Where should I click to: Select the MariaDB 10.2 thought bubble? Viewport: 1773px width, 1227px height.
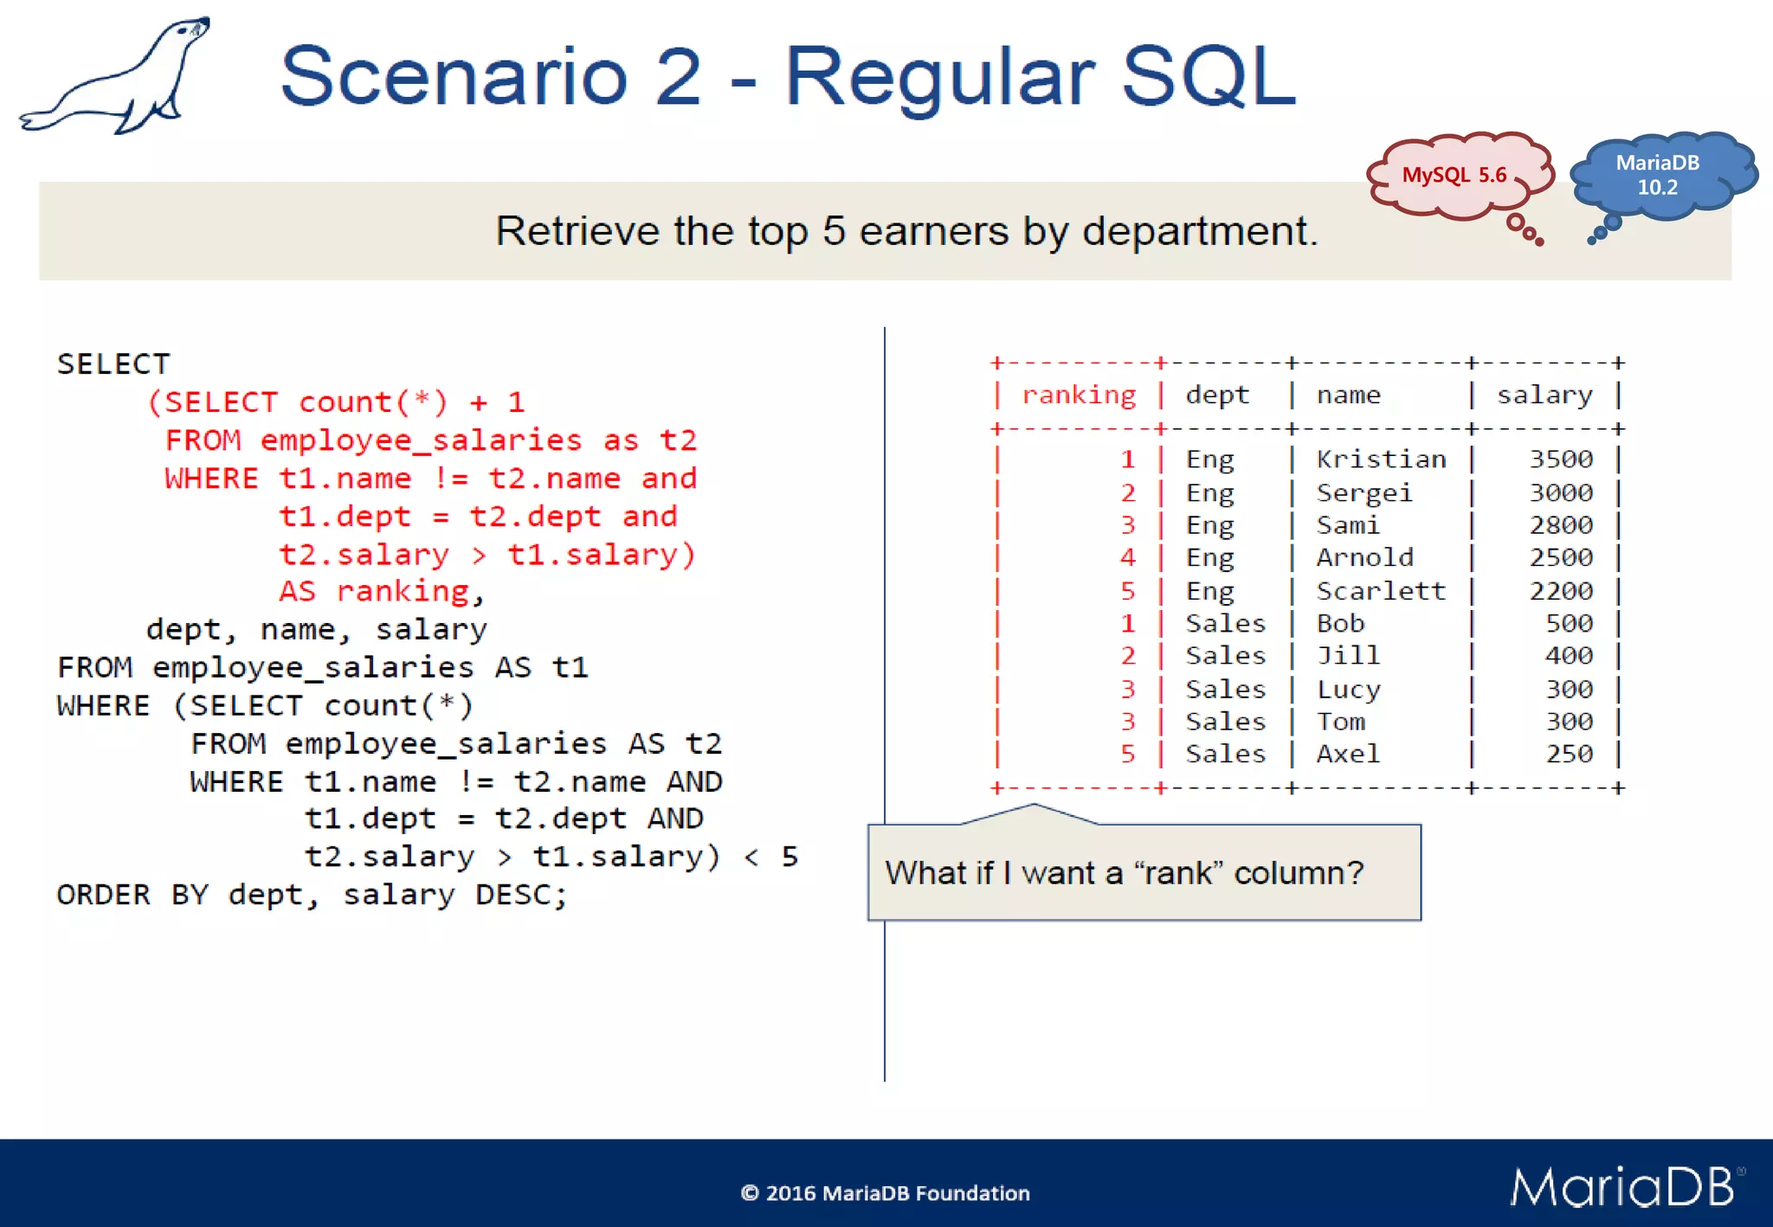pos(1657,175)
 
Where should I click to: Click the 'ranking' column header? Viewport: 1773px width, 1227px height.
pos(1079,395)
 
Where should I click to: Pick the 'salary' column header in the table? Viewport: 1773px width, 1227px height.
pos(1544,395)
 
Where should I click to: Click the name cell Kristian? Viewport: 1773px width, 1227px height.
pos(1381,459)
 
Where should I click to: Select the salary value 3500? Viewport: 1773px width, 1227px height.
pos(1560,459)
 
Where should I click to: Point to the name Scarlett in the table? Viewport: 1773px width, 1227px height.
pos(1381,591)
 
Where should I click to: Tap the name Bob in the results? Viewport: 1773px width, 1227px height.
pos(1340,624)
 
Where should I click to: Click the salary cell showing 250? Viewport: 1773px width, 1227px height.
pos(1569,755)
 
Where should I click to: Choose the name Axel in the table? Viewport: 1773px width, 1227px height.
pos(1348,755)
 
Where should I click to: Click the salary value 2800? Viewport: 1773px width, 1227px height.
pos(1560,525)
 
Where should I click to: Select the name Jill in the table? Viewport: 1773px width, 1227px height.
pos(1348,656)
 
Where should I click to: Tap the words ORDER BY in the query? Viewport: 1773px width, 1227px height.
pos(132,895)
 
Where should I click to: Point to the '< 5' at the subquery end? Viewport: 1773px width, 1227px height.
pos(770,857)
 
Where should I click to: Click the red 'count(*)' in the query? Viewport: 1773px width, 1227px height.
pos(373,402)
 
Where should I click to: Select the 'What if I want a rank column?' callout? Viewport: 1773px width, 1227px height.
pos(1143,872)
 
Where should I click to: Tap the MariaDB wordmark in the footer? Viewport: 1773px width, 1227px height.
pos(1622,1186)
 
